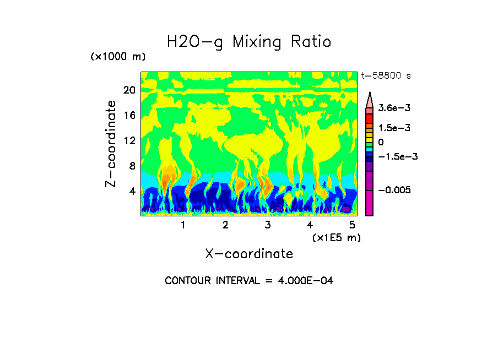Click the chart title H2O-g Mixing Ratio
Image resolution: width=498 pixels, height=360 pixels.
click(x=249, y=42)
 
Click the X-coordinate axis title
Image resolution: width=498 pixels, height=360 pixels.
click(x=249, y=254)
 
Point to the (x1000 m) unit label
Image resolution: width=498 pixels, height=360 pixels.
click(x=118, y=57)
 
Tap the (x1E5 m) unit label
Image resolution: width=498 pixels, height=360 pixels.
click(x=336, y=237)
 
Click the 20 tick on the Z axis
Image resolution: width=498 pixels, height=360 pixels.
click(x=129, y=90)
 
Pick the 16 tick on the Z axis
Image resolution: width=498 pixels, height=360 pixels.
click(x=129, y=116)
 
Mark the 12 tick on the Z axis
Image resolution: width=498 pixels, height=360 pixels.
click(x=129, y=141)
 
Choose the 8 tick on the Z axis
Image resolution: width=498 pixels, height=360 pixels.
click(x=132, y=166)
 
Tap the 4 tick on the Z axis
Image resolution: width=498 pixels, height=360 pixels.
click(x=132, y=191)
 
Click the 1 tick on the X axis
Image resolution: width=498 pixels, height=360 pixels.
click(x=183, y=225)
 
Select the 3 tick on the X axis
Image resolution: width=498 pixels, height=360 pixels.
click(x=268, y=225)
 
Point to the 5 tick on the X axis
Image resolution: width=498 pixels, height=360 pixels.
click(x=352, y=225)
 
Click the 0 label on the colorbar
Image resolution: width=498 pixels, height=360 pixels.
click(x=381, y=142)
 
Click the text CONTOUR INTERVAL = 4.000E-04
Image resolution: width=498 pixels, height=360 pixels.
click(x=249, y=281)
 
